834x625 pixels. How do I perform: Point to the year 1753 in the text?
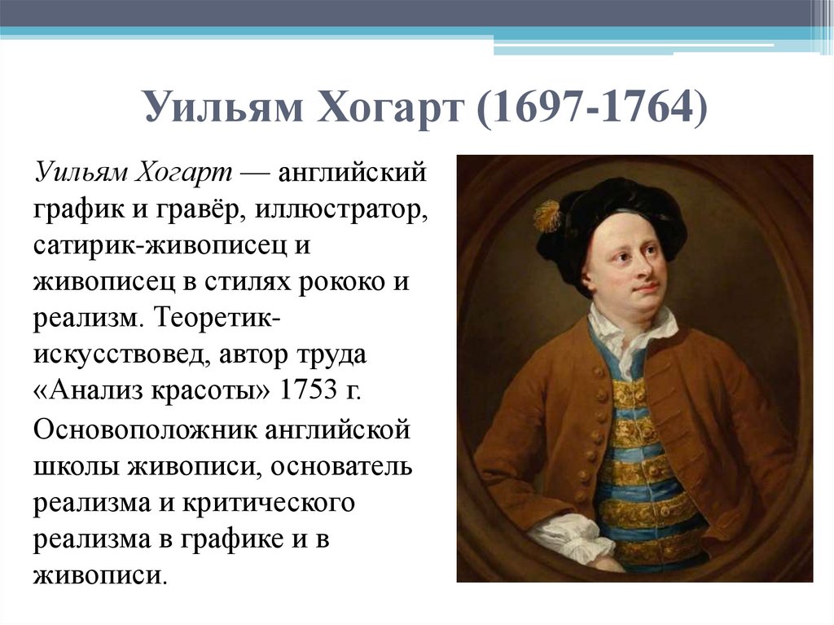pos(309,390)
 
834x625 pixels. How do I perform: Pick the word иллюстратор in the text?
pos(340,209)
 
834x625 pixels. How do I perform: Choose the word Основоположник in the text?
pos(148,429)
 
